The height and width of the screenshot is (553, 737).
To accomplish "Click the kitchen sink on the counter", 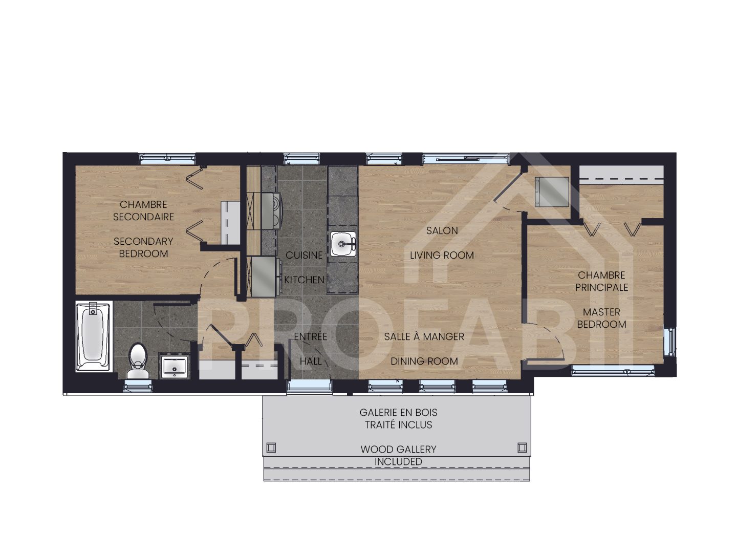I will [342, 243].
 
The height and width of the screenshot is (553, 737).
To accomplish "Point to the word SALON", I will [442, 231].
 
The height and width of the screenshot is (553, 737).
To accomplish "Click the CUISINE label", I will [304, 255].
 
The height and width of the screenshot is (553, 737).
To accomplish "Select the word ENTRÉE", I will [310, 337].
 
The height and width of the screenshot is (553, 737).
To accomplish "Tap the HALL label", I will [311, 361].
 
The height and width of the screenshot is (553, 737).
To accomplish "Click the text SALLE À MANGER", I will [424, 337].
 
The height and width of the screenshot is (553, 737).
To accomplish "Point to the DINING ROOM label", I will [424, 361].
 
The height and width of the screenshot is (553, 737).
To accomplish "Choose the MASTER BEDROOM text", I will [601, 318].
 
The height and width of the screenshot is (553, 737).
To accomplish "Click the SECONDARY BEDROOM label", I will [143, 247].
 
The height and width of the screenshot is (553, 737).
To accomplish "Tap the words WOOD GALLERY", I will [398, 450].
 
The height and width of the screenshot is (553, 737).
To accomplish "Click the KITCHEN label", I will [304, 280].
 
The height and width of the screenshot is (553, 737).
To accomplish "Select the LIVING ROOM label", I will [442, 255].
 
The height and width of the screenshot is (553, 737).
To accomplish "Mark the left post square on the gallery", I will [271, 447].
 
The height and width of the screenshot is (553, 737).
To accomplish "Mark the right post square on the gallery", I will [522, 447].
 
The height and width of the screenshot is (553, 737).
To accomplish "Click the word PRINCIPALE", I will [601, 287].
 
